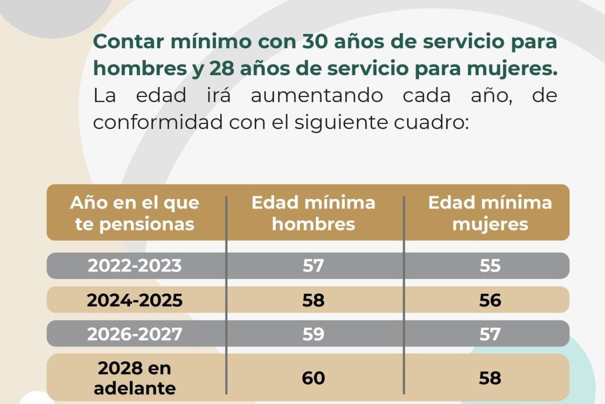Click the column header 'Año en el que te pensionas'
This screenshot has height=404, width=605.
tap(135, 213)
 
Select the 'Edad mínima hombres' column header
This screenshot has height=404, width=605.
tap(313, 213)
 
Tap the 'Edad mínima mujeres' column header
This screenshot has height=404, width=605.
tap(490, 213)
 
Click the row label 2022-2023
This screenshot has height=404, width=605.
tap(135, 266)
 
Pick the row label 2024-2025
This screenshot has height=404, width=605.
tap(135, 300)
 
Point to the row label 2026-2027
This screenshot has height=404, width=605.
tap(135, 334)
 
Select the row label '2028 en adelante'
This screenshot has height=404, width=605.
tap(135, 378)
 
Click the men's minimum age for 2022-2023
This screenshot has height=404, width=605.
tap(313, 266)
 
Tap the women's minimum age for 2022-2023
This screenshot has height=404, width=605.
tap(490, 266)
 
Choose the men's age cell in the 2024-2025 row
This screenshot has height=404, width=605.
tap(313, 300)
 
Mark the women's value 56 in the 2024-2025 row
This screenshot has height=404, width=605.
tap(490, 300)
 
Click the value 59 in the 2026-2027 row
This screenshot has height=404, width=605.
tap(313, 334)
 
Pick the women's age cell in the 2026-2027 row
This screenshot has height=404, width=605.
tap(490, 334)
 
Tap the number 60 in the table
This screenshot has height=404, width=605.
tap(313, 378)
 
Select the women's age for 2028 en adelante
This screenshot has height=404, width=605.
tap(490, 378)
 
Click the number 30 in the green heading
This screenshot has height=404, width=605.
tap(315, 42)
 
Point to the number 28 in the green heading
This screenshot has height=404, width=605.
tap(221, 69)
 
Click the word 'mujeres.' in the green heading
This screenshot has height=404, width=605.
tap(512, 69)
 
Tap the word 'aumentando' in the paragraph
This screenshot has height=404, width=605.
tap(317, 95)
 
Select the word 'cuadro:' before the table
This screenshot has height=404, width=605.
tap(431, 123)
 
